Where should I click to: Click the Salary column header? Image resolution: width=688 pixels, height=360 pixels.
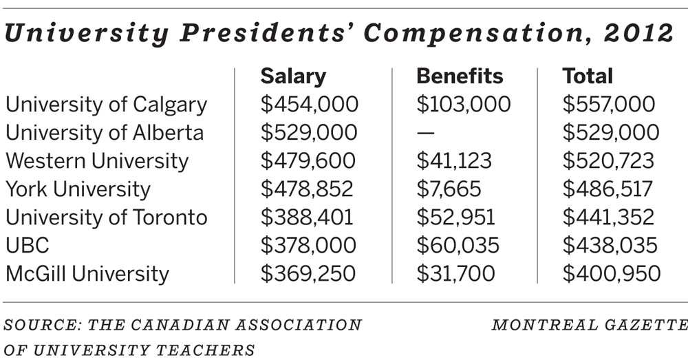[x=293, y=76]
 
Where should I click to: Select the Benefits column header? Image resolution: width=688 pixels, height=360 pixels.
[x=460, y=76]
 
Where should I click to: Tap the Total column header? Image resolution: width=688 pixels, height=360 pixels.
[x=588, y=76]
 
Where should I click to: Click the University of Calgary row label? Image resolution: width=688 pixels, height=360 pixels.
[x=107, y=105]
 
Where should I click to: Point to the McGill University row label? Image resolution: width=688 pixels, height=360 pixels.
[x=87, y=273]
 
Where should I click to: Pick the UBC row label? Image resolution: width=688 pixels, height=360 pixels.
[x=28, y=245]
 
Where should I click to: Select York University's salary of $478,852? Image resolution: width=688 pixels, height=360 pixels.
[x=308, y=189]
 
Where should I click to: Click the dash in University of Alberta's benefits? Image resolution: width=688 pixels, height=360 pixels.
[x=425, y=133]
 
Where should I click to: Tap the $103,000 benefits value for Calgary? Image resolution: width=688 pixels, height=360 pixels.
[x=464, y=105]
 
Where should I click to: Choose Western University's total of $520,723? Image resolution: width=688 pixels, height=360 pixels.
[x=608, y=161]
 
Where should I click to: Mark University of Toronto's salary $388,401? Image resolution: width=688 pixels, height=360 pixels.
[x=308, y=218]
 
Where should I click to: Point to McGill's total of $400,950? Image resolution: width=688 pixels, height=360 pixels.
[x=611, y=273]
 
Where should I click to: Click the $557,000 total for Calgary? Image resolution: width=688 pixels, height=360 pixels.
[x=609, y=105]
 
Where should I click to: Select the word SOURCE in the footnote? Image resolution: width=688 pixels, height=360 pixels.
[x=35, y=325]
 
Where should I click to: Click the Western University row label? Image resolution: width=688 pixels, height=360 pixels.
[x=97, y=161]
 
